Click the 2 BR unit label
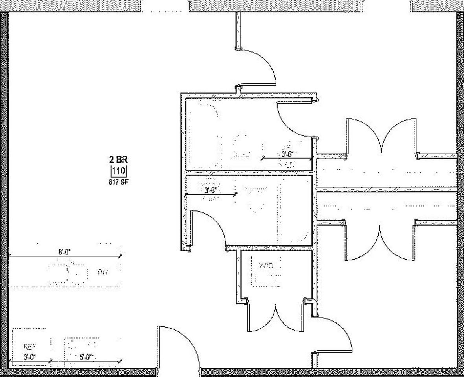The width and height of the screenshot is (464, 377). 118,159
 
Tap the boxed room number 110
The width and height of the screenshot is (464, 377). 119,171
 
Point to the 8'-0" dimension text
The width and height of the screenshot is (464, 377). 64,252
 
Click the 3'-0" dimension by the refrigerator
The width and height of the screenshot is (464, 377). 29,357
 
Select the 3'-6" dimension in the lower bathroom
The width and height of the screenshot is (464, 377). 210,190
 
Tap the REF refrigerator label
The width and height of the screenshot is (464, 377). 29,347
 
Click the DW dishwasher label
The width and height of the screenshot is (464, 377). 103,271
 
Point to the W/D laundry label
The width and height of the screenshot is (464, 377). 266,265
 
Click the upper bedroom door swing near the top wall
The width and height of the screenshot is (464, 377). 258,67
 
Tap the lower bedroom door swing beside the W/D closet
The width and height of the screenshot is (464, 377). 334,334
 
